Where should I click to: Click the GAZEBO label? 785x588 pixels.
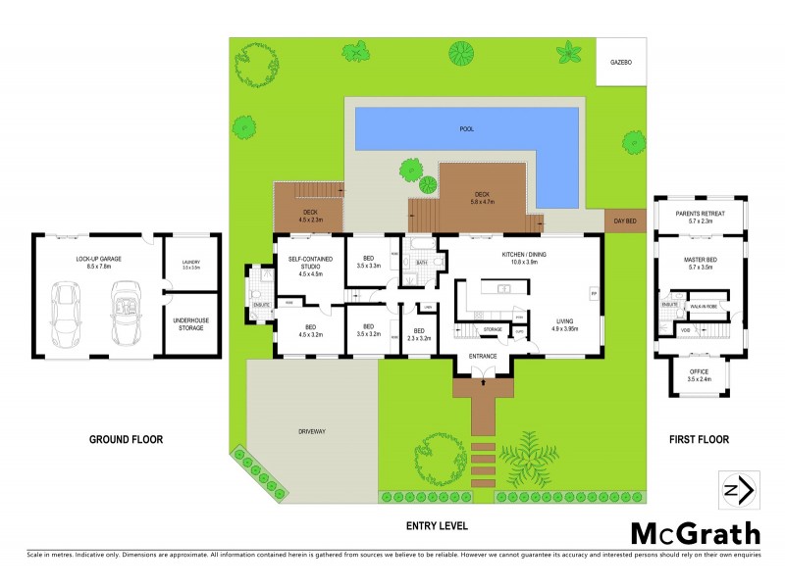(621, 61)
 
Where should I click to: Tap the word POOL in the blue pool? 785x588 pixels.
(465, 129)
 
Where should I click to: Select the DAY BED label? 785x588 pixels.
(626, 221)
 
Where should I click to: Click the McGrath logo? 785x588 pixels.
(695, 533)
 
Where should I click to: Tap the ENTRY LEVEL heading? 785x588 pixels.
(437, 526)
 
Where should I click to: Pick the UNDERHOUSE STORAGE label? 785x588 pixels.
(189, 324)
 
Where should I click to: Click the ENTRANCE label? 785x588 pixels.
(482, 356)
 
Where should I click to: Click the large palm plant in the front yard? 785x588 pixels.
(529, 459)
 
